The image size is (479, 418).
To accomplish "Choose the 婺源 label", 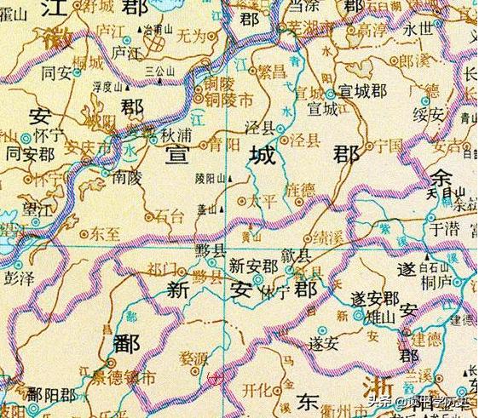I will tap(195, 360).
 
